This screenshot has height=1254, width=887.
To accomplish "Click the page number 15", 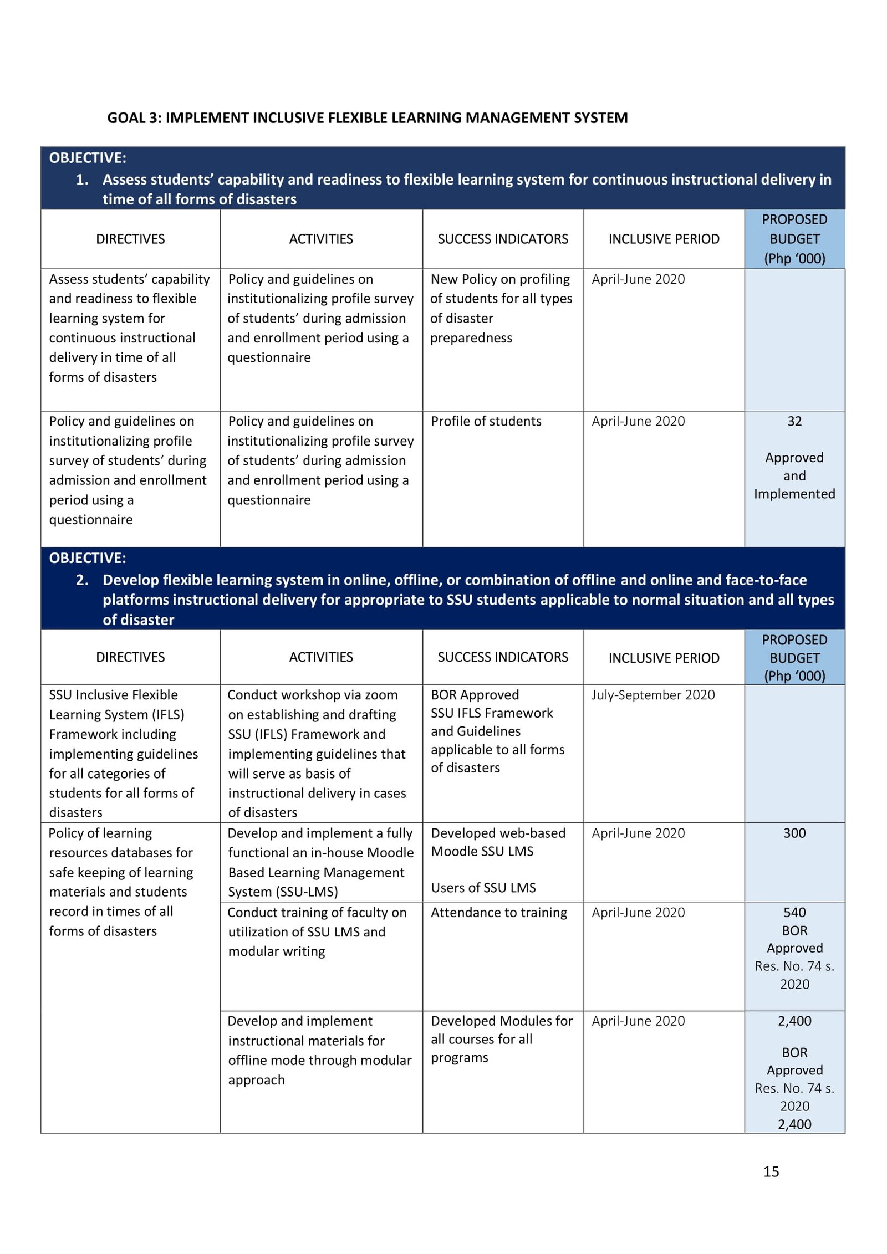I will click(x=771, y=1171).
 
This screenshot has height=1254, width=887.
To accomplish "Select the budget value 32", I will click(x=794, y=421).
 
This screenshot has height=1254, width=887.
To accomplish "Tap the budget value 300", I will click(x=794, y=833).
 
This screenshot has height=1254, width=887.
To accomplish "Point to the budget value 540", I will click(x=794, y=912).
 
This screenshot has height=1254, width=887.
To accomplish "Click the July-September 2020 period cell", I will click(x=652, y=695).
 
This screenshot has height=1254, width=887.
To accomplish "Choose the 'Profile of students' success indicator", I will click(x=486, y=421).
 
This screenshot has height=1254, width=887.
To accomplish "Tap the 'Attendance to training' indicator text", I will click(x=499, y=912).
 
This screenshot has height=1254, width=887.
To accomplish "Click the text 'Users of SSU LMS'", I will click(x=483, y=888).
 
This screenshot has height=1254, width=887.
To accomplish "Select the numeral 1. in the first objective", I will click(x=82, y=180).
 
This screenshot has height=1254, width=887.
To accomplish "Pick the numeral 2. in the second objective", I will click(x=82, y=580).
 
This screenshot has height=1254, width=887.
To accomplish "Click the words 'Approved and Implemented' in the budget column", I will click(x=794, y=475).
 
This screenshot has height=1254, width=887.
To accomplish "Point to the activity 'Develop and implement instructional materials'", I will click(x=319, y=1050).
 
